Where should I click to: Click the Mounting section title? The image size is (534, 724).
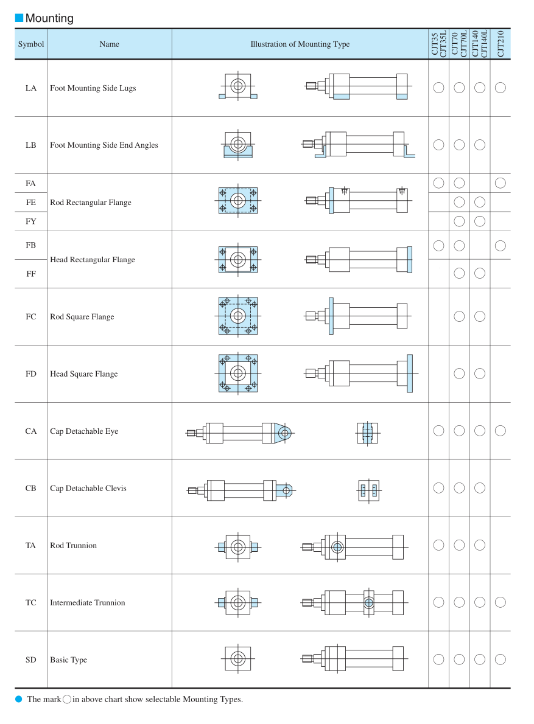click(x=49, y=18)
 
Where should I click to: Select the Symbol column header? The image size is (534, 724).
click(x=31, y=44)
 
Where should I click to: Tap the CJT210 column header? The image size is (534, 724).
click(x=501, y=44)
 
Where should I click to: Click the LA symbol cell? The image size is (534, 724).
click(x=31, y=88)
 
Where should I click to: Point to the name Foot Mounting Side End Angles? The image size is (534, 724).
click(x=104, y=145)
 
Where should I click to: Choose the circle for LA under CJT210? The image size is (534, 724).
click(x=501, y=88)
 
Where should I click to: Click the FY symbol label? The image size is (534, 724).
click(x=31, y=221)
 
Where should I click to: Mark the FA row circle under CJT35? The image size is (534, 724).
click(x=438, y=183)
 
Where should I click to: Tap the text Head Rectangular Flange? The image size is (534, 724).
click(x=92, y=260)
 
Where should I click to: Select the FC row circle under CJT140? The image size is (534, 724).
click(x=480, y=316)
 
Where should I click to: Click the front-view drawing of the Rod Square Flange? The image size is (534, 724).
click(x=238, y=316)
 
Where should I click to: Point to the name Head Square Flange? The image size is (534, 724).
click(x=83, y=374)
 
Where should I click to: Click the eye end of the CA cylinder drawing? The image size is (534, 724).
click(x=284, y=433)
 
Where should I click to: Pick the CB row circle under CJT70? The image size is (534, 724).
click(x=459, y=488)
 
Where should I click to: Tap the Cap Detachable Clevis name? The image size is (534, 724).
click(x=88, y=489)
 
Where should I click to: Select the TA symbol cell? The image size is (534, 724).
click(x=31, y=546)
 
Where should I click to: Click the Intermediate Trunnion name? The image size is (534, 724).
click(x=87, y=603)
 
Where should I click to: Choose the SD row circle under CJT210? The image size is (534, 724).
click(x=501, y=659)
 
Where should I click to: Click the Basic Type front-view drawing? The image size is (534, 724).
click(x=238, y=659)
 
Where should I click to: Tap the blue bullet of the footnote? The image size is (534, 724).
click(x=19, y=699)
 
